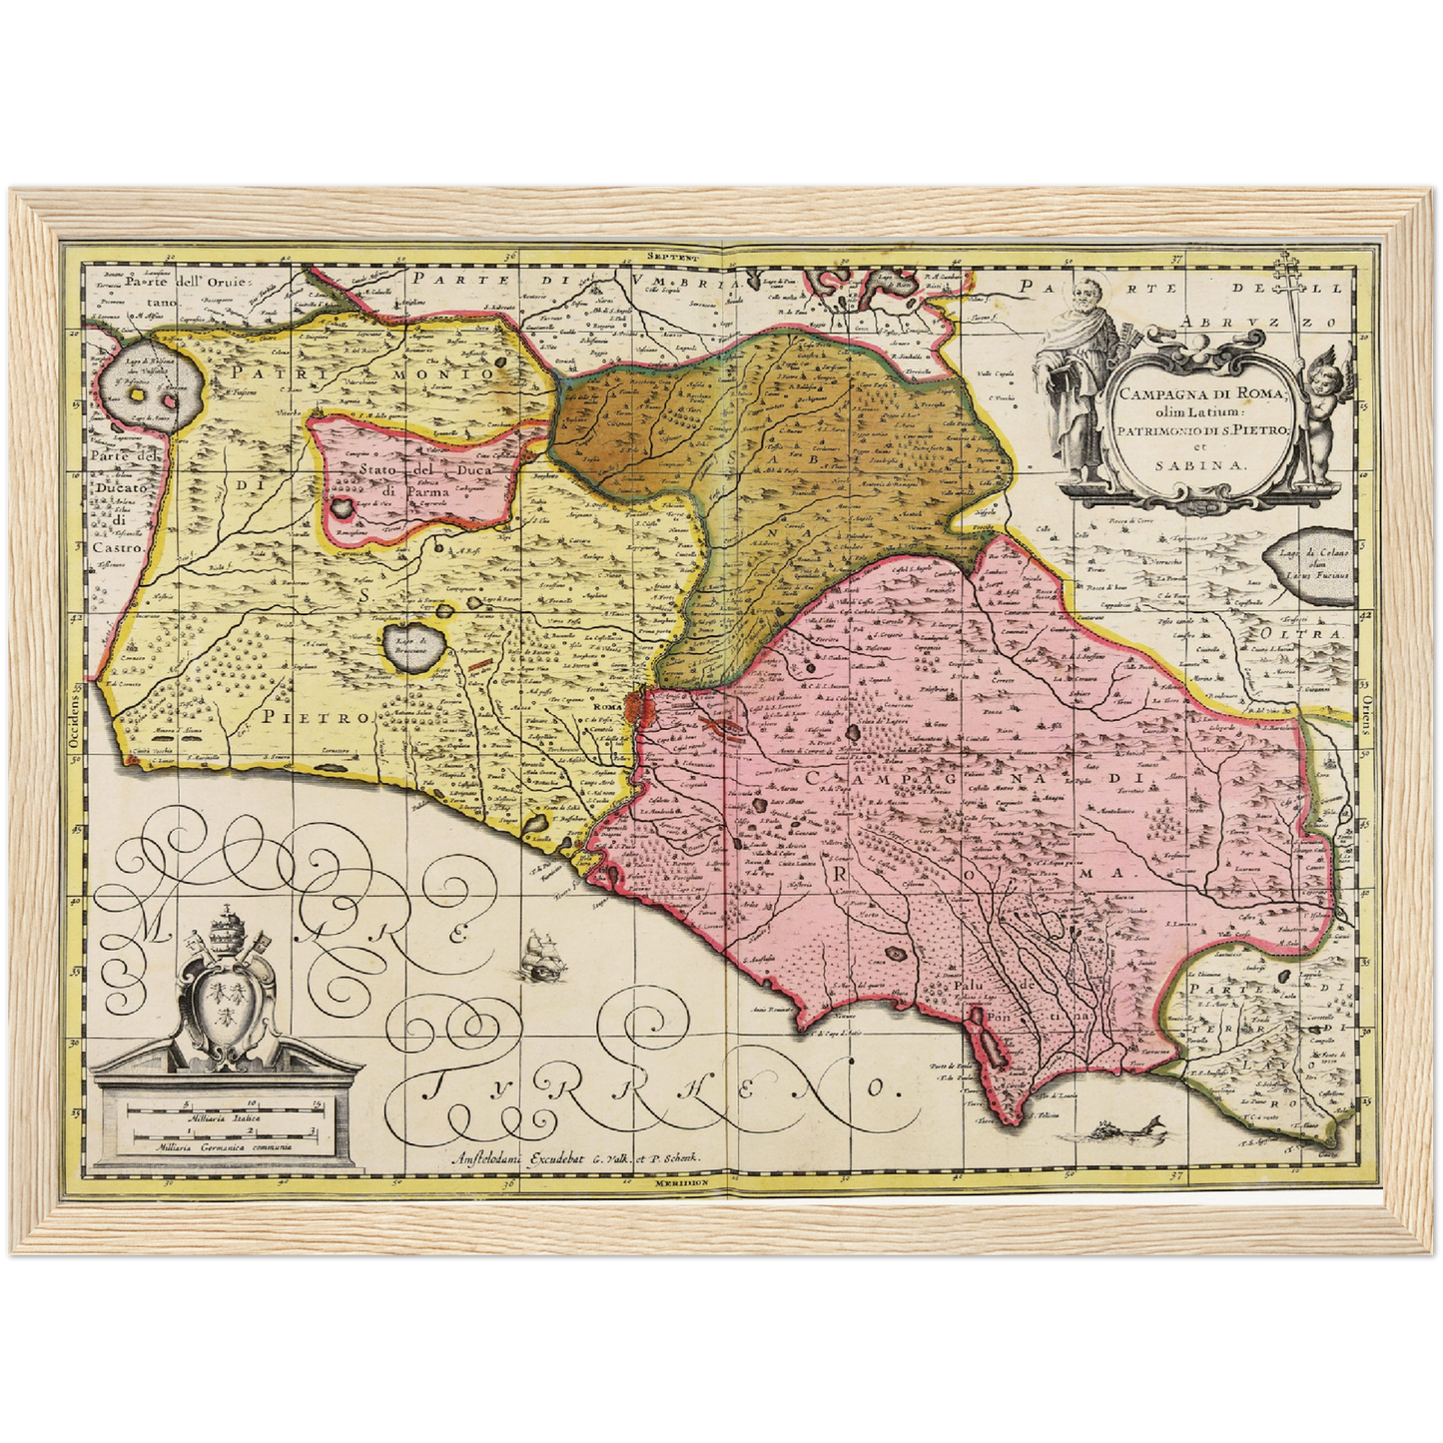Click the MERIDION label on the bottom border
pyautogui.click(x=682, y=1182)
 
